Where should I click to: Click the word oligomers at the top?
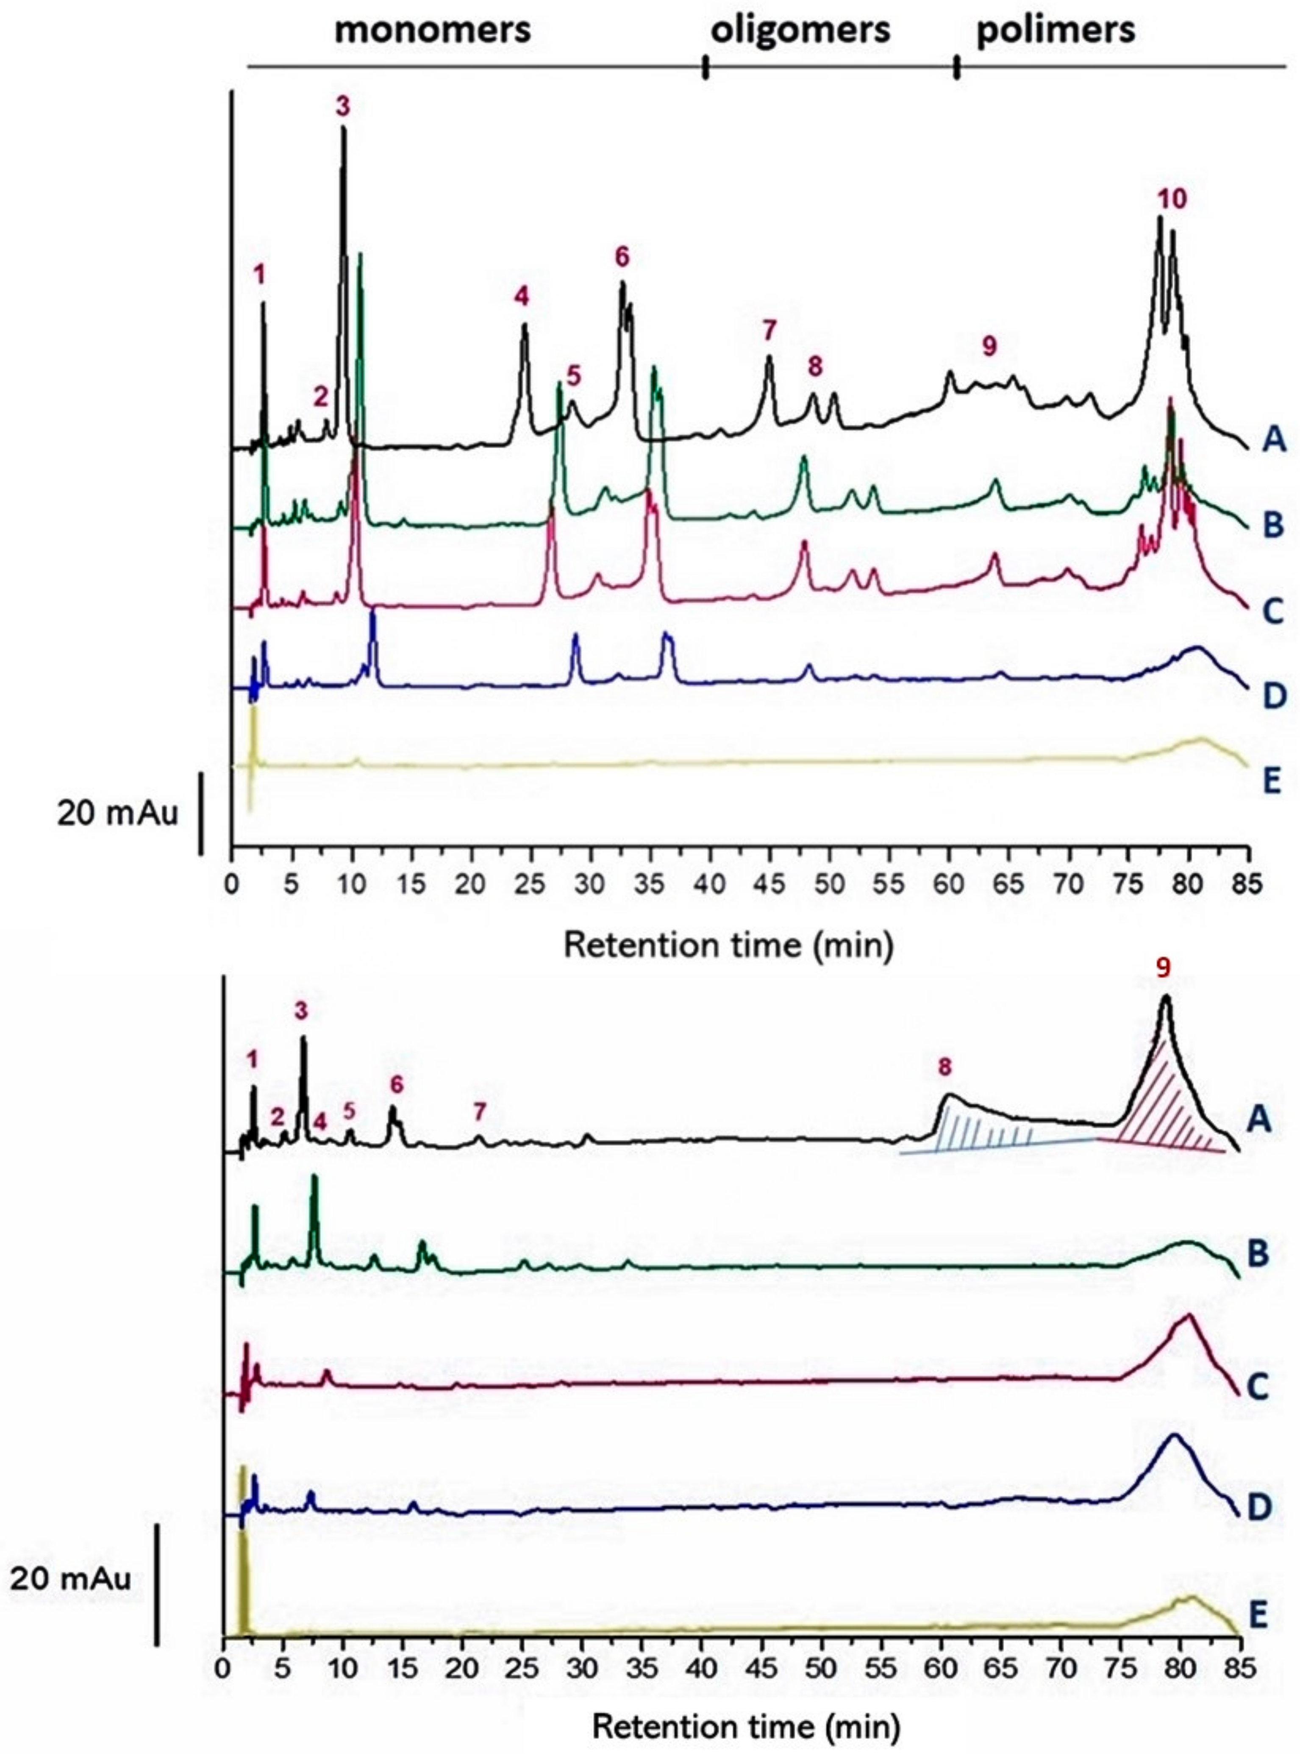[800, 30]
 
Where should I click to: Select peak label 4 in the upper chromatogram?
[522, 296]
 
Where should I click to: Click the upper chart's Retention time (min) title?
[728, 945]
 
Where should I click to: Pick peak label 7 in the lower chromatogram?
[480, 1111]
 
